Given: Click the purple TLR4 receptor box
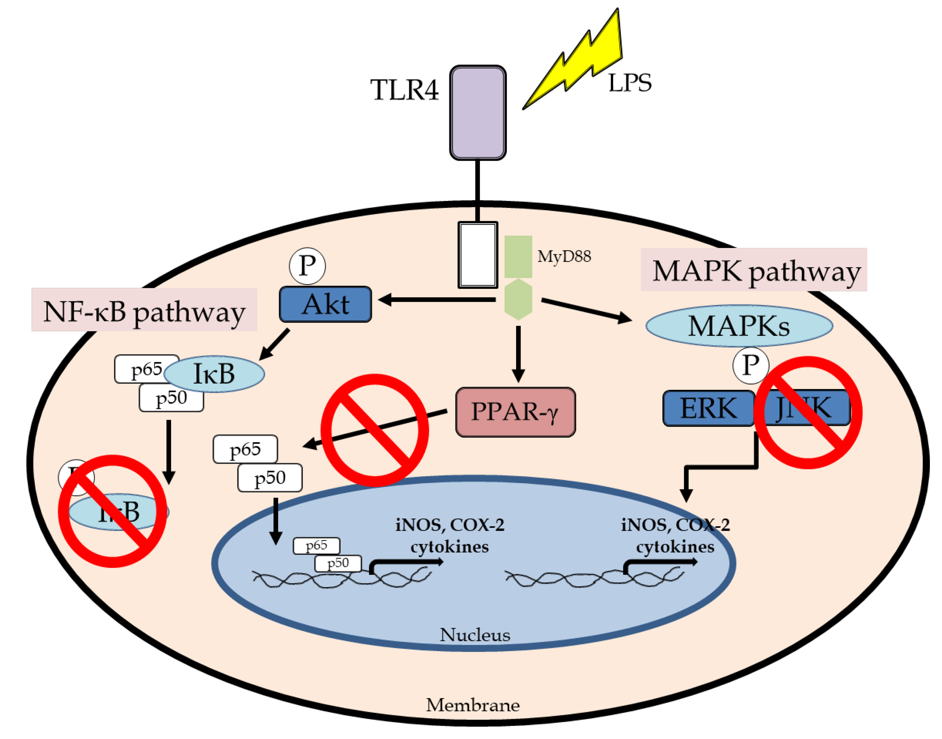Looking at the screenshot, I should (477, 112).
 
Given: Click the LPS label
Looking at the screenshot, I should (629, 83).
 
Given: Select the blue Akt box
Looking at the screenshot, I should (325, 304).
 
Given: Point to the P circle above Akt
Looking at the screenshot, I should (307, 266).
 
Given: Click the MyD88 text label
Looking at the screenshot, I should (564, 256).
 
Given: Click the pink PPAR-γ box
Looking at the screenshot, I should (515, 412).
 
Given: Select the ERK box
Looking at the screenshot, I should (708, 408).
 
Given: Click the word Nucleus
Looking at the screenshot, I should (475, 635).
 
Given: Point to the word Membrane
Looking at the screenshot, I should (472, 705).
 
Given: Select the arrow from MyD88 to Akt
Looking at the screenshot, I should (437, 299).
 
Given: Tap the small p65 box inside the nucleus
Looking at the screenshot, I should (316, 545).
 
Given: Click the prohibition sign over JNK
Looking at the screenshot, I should (808, 412).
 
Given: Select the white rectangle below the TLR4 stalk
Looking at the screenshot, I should (477, 255).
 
